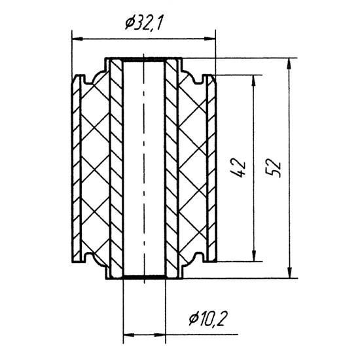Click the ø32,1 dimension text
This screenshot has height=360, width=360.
[144, 23]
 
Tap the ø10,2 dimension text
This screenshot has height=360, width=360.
[207, 319]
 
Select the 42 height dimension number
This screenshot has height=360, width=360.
[239, 168]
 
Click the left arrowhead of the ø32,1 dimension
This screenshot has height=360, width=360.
[77, 39]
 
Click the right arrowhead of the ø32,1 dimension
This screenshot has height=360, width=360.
[210, 39]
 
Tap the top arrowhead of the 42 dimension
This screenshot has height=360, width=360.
[253, 81]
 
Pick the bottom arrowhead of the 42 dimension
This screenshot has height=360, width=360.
[253, 255]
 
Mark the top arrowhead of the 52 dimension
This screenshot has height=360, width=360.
[290, 63]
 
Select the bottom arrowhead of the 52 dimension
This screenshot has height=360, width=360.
[290, 272]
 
